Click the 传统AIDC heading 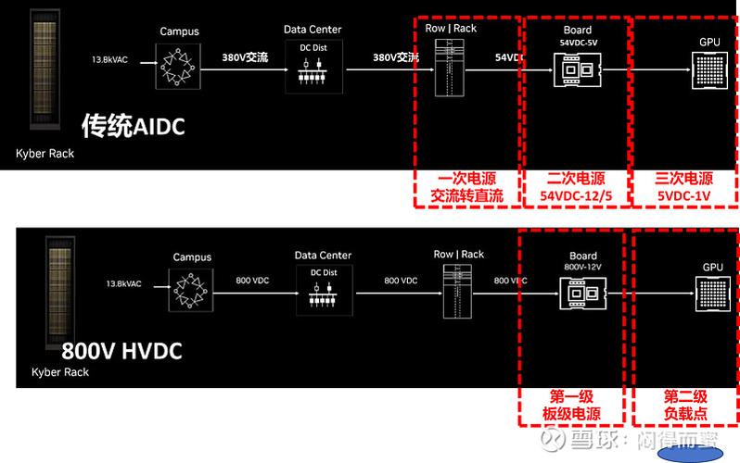pyautogui.click(x=133, y=124)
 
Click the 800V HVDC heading pyautogui.click(x=121, y=351)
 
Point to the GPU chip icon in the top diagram pyautogui.click(x=709, y=71)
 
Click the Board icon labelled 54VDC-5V pyautogui.click(x=576, y=68)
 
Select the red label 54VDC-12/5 pyautogui.click(x=576, y=195)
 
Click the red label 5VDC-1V pyautogui.click(x=684, y=195)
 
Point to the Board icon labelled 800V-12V pyautogui.click(x=582, y=294)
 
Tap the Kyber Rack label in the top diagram pyautogui.click(x=45, y=153)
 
